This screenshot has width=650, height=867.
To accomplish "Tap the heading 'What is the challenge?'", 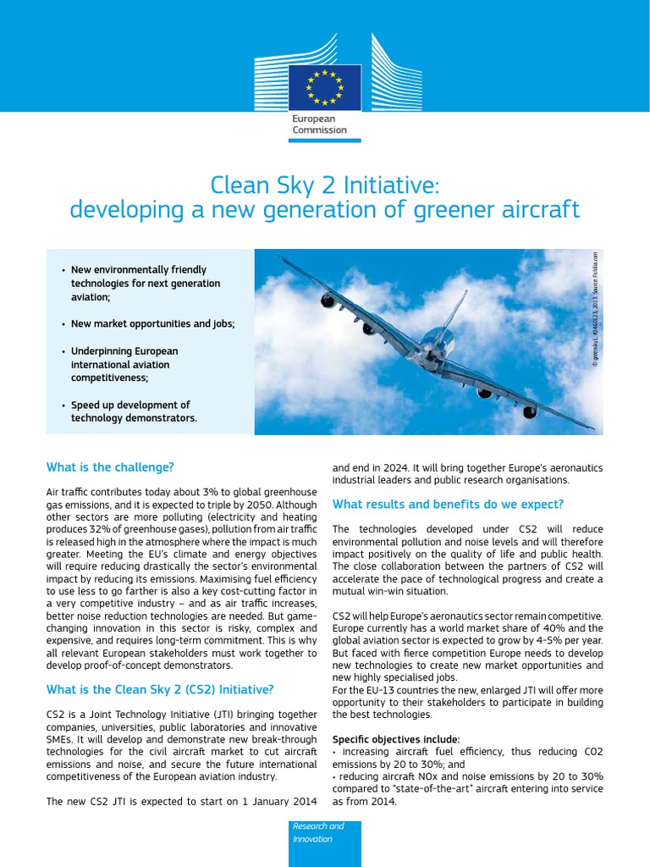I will [x=110, y=467].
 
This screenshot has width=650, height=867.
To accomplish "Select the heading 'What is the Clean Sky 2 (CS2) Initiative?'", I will [x=159, y=665].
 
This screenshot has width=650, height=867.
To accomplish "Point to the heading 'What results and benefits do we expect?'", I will [x=448, y=505].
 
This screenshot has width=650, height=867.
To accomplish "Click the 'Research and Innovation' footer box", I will [x=324, y=832].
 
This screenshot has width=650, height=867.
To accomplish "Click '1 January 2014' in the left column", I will [x=274, y=802].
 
